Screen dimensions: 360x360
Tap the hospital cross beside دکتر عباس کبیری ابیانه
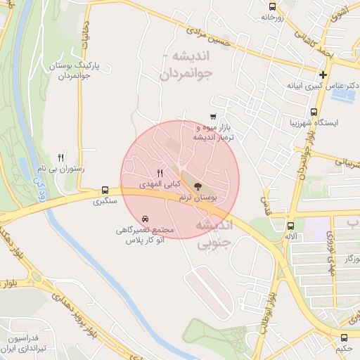(x=323, y=75)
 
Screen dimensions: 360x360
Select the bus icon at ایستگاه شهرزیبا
(x=314, y=111)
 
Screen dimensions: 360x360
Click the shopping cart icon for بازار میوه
(x=213, y=117)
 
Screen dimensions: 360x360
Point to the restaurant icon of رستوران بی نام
(x=61, y=157)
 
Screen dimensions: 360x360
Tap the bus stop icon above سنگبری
(x=105, y=190)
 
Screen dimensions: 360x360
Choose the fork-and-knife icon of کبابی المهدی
(x=160, y=173)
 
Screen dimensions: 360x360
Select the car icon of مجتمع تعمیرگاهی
(x=145, y=219)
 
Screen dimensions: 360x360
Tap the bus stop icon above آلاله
(x=290, y=226)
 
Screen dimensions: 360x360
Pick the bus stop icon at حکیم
(x=345, y=337)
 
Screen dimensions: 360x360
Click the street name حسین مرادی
(x=226, y=41)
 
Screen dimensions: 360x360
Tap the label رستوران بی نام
(x=60, y=169)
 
